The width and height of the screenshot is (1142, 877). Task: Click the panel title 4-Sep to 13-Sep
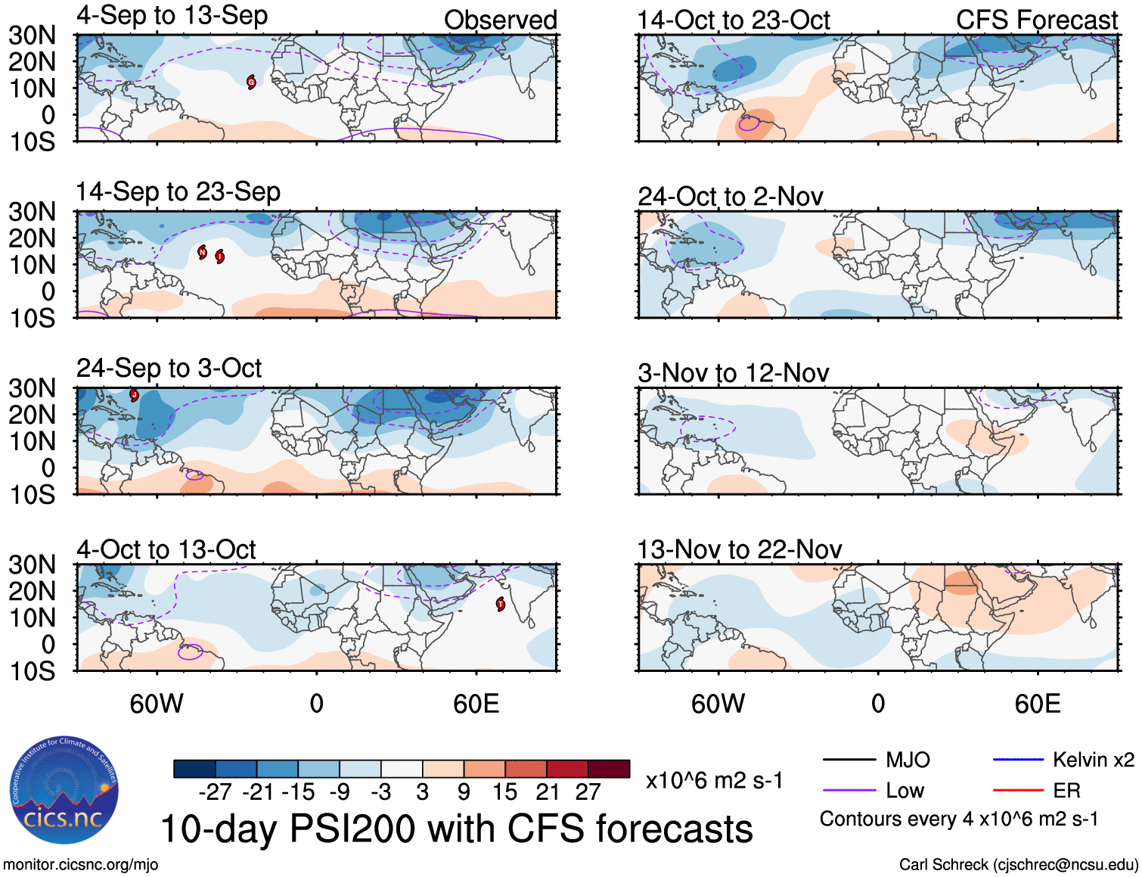[x=172, y=16]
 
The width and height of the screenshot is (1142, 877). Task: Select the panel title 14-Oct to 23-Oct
[x=733, y=20]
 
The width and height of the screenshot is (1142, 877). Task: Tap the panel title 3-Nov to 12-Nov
[x=733, y=373]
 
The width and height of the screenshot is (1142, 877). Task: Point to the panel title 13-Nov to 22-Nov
[x=739, y=549]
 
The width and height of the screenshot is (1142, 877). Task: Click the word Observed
[x=500, y=20]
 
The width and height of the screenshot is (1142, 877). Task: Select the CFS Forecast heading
[x=1036, y=20]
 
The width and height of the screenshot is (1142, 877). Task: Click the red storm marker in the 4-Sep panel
[x=251, y=82]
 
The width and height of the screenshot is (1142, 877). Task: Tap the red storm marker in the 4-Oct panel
[x=501, y=604]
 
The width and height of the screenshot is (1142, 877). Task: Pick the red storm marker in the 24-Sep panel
[x=134, y=394]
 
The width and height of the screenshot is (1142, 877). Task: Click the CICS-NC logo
[x=64, y=791]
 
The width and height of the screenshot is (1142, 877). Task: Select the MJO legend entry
[x=908, y=760]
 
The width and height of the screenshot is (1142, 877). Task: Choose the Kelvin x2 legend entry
[x=1093, y=760]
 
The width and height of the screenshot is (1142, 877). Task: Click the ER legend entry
[x=1066, y=791]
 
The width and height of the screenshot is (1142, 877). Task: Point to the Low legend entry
[x=905, y=791]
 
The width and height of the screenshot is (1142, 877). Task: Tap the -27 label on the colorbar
[x=215, y=792]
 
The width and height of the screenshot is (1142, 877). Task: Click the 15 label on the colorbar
[x=504, y=792]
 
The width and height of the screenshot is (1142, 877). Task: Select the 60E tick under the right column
[x=1037, y=704]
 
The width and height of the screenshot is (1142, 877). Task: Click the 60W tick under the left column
[x=157, y=704]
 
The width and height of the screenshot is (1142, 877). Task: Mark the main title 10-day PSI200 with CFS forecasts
[x=457, y=829]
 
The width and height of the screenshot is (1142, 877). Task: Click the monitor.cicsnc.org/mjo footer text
[x=80, y=864]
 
